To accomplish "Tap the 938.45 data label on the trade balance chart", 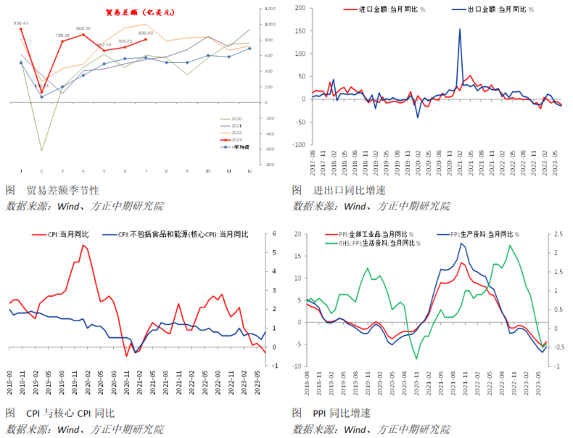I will click(x=20, y=22).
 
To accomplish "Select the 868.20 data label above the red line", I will click(x=83, y=28).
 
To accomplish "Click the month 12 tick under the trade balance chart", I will click(x=250, y=171).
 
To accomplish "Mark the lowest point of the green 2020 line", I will click(x=41, y=151).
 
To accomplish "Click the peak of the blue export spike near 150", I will click(x=460, y=30).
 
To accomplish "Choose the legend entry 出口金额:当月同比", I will click(x=500, y=9).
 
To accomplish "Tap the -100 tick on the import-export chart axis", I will click(x=300, y=145).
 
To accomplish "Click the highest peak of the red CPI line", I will click(x=83, y=245).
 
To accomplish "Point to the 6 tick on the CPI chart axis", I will click(x=274, y=234).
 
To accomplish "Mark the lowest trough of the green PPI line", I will click(x=416, y=358).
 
